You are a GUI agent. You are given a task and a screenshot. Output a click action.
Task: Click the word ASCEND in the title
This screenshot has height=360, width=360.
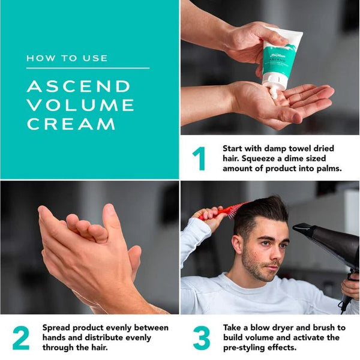[79, 86]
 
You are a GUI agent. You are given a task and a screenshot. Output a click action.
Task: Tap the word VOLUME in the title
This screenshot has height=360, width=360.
[80, 105]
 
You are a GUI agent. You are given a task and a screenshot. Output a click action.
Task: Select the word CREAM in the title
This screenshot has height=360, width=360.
[71, 124]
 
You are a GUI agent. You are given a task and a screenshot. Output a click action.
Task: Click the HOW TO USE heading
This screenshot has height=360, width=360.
[67, 58]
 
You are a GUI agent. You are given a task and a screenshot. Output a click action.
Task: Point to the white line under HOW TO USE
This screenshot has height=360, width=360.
[88, 68]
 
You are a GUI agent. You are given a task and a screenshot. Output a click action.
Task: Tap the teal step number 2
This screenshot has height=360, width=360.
[20, 338]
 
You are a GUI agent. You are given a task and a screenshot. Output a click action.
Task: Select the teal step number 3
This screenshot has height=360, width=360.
[201, 338]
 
